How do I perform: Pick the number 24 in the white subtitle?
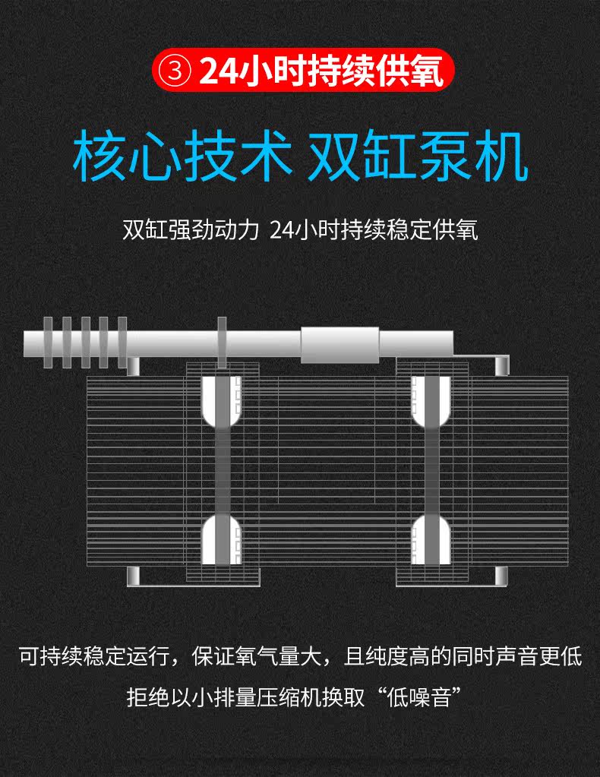point(281,229)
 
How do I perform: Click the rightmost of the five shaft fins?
point(122,342)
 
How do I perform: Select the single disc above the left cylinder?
point(222,342)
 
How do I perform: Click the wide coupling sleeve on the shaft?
point(339,344)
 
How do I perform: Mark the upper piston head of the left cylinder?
point(222,401)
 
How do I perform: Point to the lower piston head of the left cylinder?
point(222,541)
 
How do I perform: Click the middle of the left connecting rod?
point(222,471)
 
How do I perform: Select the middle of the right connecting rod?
point(431,471)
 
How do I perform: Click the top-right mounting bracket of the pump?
point(501,365)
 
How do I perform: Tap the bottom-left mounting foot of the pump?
point(133,577)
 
